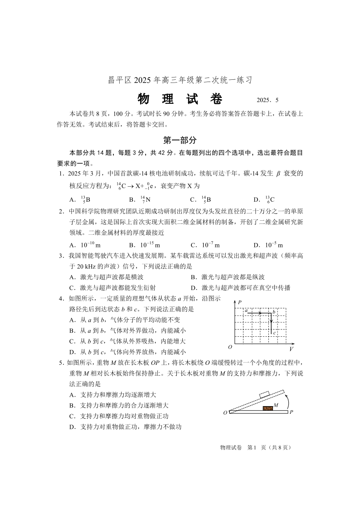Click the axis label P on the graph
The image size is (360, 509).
[x=239, y=302]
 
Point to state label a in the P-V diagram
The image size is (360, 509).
[x=246, y=310]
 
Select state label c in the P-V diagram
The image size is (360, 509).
[x=274, y=333]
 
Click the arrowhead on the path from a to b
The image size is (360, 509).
[x=259, y=313]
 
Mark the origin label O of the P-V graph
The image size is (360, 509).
[x=230, y=347]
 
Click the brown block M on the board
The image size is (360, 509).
[x=268, y=408]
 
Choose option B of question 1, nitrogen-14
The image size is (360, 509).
[x=136, y=199]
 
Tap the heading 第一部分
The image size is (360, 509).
[x=180, y=141]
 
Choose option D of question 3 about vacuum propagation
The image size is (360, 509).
[x=241, y=288]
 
